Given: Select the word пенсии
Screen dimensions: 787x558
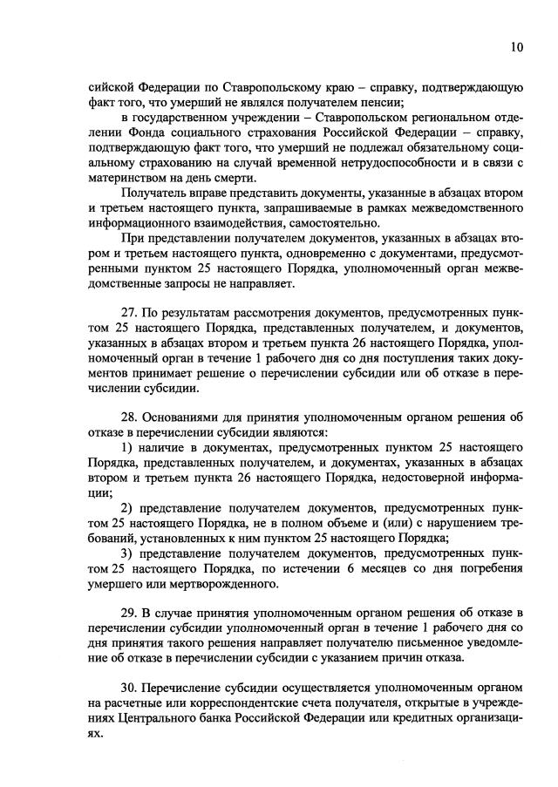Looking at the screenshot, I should coord(371,102).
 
